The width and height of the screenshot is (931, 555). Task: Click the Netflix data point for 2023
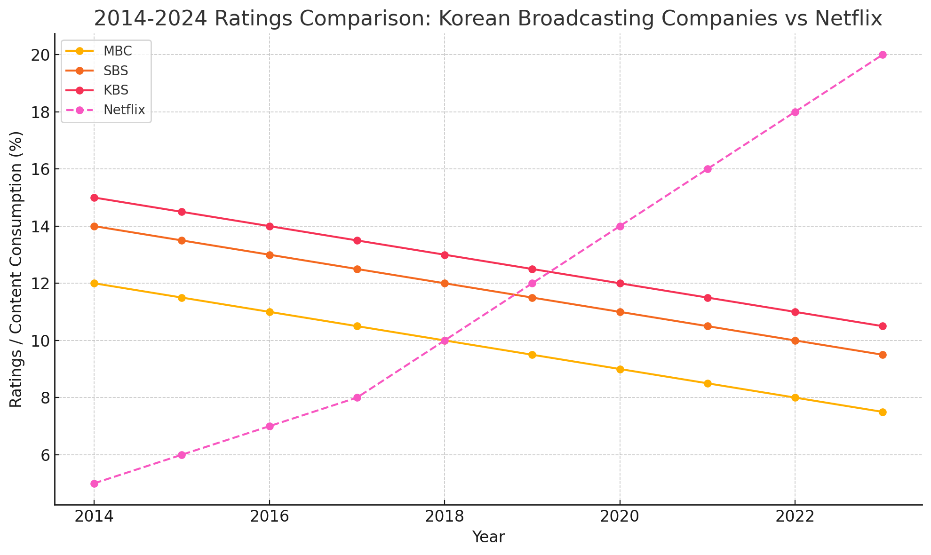click(883, 55)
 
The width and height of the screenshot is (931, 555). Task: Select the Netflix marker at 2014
click(94, 484)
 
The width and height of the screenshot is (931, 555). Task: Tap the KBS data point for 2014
click(94, 198)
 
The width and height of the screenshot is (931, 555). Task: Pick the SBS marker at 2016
click(270, 255)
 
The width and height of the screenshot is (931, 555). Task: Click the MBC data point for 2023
click(883, 412)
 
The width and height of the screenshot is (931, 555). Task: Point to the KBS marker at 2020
click(620, 283)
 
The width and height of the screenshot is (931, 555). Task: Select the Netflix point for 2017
click(357, 397)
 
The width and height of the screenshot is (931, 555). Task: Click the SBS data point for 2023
click(883, 355)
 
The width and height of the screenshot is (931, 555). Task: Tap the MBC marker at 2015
click(182, 298)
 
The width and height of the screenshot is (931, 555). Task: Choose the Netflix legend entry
click(124, 110)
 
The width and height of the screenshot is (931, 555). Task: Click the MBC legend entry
click(118, 51)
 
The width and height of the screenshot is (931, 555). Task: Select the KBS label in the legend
click(116, 90)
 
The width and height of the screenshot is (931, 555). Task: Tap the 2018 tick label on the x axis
click(445, 517)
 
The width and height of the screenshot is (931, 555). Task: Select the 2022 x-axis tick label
click(795, 517)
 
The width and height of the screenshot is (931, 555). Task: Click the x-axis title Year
click(488, 537)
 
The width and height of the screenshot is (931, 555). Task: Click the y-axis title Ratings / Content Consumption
click(16, 269)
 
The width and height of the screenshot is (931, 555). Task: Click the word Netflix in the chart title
click(848, 19)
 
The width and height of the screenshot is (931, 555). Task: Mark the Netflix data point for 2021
click(708, 169)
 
